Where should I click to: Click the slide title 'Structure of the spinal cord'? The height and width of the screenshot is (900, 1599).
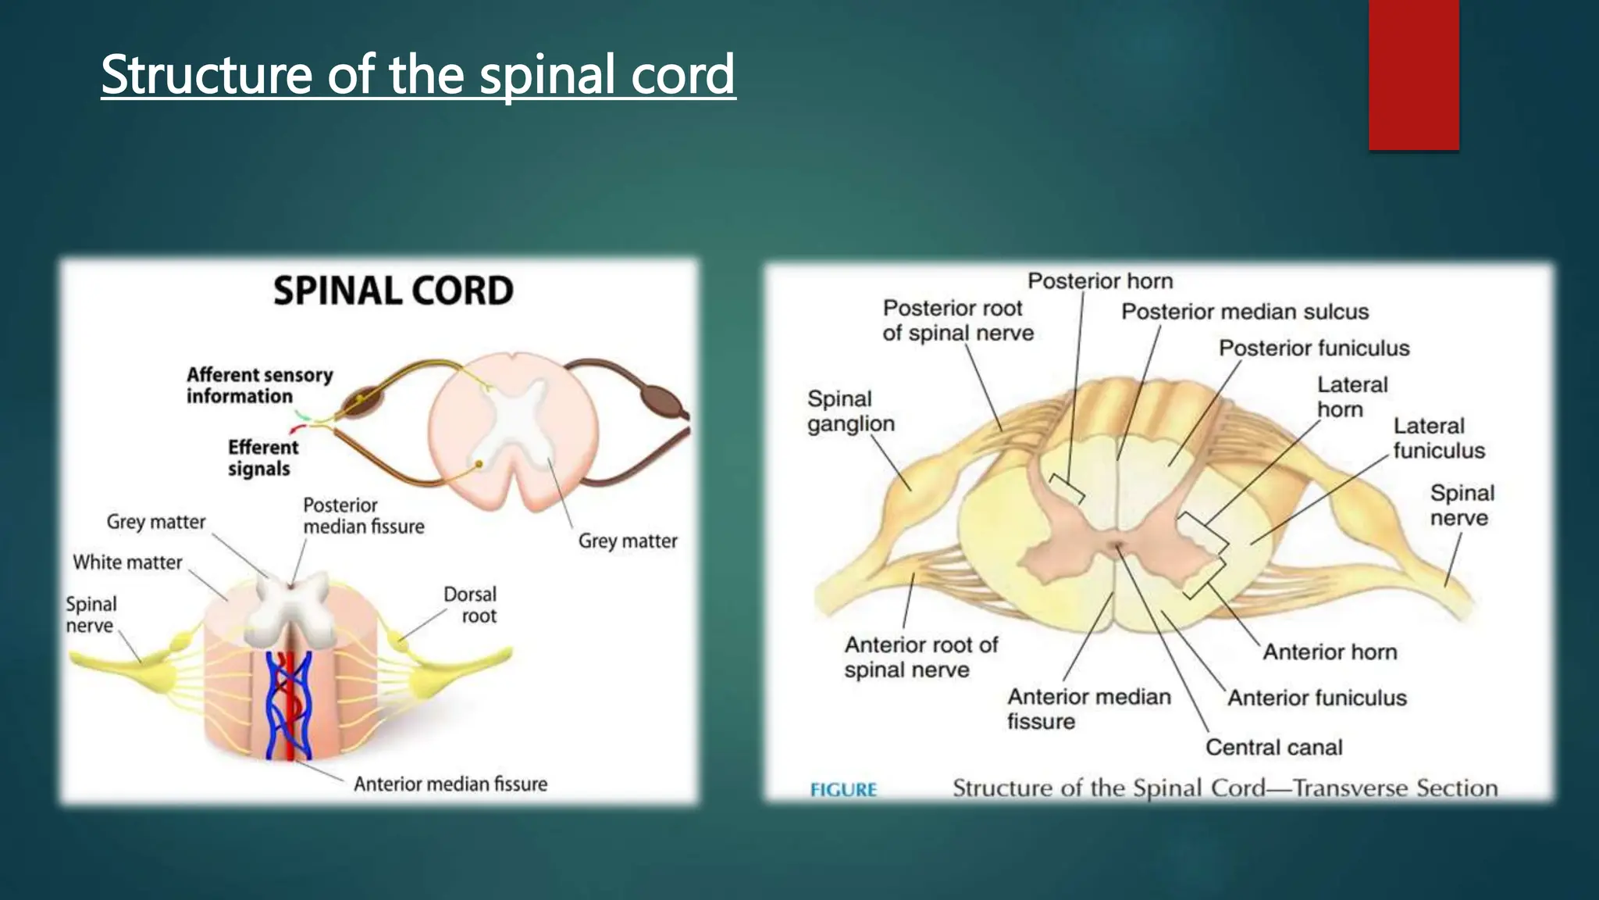418,74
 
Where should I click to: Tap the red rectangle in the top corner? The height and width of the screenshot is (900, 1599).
1413,74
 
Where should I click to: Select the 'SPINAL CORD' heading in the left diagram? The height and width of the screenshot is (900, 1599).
394,291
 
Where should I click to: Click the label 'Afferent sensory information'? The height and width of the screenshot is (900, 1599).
259,385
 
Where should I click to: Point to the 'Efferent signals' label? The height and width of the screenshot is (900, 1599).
262,458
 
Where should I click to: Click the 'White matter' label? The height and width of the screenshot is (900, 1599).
127,562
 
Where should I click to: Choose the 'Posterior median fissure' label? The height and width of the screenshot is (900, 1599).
363,516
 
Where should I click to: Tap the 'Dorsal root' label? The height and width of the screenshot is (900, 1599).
471,605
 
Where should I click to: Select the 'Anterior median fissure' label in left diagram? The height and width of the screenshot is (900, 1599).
450,784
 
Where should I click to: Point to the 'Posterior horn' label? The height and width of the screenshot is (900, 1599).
1099,281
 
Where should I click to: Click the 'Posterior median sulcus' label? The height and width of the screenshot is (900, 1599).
1245,312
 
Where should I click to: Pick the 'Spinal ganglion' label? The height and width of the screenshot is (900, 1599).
850,411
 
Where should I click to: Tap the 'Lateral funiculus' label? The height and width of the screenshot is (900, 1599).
1438,438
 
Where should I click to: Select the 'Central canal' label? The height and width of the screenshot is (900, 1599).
1273,747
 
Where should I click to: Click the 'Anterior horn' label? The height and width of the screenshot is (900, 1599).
1329,652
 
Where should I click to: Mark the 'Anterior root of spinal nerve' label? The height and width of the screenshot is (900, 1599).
921,657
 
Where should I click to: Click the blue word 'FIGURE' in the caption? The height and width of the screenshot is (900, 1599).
843,790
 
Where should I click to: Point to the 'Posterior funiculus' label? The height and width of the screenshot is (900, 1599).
1314,348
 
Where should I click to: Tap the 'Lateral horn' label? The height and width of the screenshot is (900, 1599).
1351,397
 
